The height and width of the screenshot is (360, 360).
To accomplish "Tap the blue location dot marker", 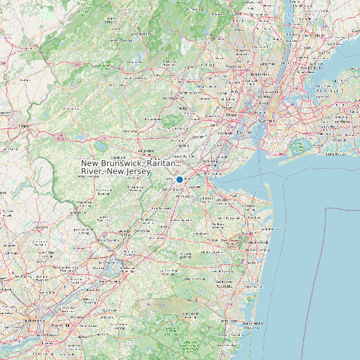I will click(x=179, y=179).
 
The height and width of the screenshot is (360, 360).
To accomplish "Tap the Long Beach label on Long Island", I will click(x=336, y=153).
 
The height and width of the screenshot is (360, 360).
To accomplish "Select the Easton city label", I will click(x=26, y=125).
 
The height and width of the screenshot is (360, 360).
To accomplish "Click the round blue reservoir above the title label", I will click(x=102, y=145).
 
